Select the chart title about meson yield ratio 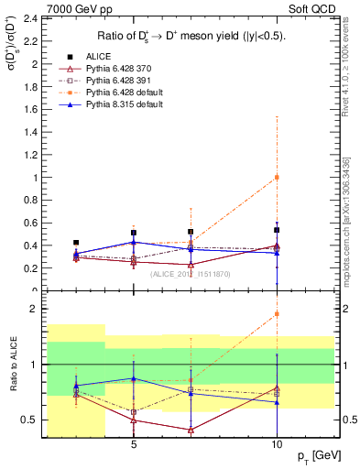click(x=185, y=36)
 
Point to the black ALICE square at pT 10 click(x=277, y=230)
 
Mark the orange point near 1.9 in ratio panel click(x=277, y=314)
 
